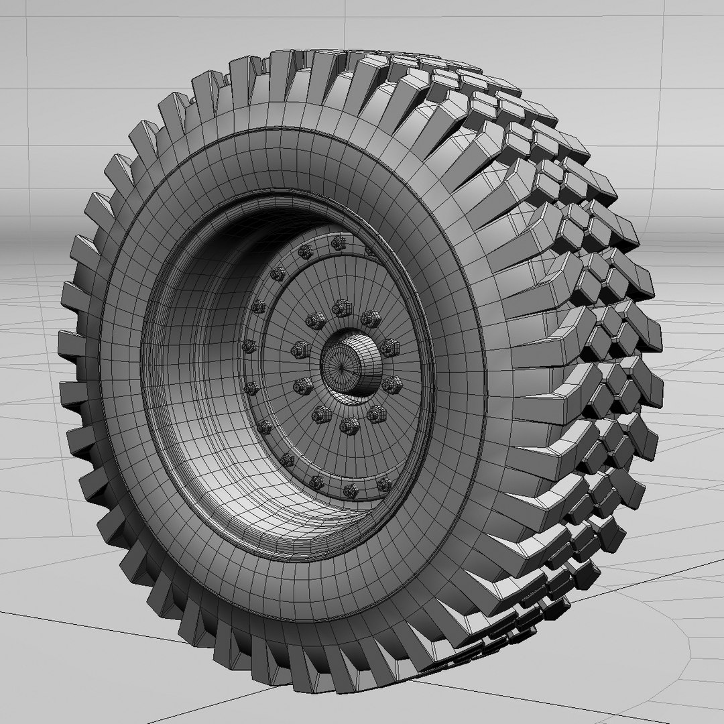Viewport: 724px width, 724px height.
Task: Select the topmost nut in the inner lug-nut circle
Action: tap(342, 308)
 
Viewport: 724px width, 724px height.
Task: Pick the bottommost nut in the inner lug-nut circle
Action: tap(349, 424)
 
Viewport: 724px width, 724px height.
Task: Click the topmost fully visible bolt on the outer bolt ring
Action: tap(337, 242)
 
